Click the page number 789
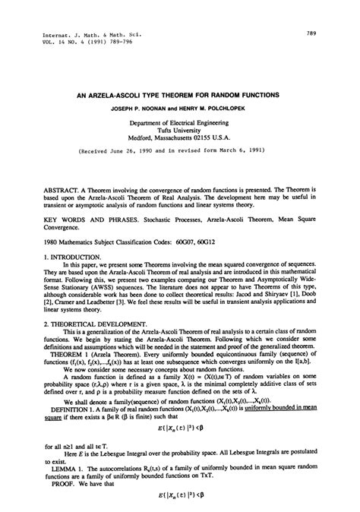click(311, 33)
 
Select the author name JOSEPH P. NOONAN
click(142, 108)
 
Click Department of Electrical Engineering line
click(179, 122)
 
